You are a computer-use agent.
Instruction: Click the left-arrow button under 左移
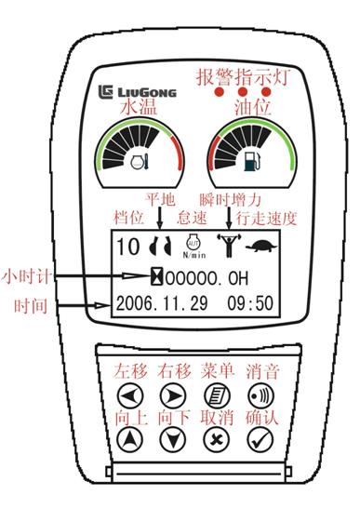point(130,395)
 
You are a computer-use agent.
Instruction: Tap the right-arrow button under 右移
point(173,395)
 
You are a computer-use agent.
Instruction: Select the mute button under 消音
point(260,395)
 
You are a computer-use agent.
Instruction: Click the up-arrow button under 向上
point(130,440)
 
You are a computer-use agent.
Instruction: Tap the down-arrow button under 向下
point(173,440)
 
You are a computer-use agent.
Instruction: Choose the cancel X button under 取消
point(217,440)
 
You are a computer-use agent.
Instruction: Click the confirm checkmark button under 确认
point(260,440)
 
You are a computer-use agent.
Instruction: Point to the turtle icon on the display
point(261,247)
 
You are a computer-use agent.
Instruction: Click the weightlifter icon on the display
point(229,246)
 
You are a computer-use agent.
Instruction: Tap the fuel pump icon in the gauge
point(252,161)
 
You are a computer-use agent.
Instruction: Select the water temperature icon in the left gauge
point(140,161)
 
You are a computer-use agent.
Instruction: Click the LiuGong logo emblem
point(105,92)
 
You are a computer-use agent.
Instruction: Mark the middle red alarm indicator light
point(243,92)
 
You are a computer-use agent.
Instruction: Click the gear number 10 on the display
point(128,247)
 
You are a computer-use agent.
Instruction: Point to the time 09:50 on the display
point(250,303)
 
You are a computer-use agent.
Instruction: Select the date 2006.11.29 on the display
point(162,303)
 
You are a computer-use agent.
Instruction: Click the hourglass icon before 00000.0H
point(157,277)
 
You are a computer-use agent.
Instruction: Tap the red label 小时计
point(27,277)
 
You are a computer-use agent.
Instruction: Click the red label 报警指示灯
point(243,77)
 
